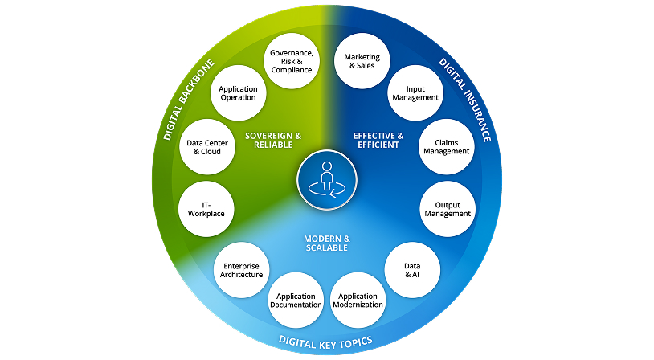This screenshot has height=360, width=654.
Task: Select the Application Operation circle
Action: pyautogui.click(x=237, y=92)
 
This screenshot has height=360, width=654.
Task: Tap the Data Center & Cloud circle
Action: pyautogui.click(x=205, y=147)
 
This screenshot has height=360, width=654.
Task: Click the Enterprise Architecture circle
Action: pyautogui.click(x=242, y=269)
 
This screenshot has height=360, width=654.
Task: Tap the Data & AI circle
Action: pyautogui.click(x=411, y=269)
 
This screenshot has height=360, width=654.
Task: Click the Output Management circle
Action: pyautogui.click(x=447, y=208)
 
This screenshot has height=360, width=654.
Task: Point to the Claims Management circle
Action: pyautogui.click(x=447, y=146)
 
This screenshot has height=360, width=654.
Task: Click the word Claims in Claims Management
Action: pyautogui.click(x=447, y=141)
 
